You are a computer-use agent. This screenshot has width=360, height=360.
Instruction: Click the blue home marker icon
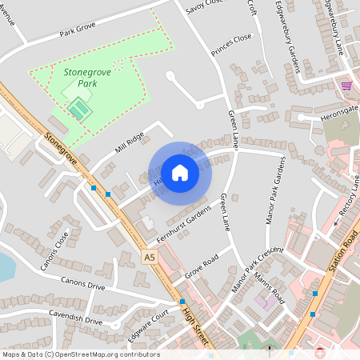[x=180, y=172]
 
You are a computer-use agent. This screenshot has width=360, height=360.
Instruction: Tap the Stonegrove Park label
[x=87, y=78]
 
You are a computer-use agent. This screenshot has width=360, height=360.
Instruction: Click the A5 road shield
[x=150, y=257]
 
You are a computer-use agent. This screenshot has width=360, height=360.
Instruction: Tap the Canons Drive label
[x=83, y=285]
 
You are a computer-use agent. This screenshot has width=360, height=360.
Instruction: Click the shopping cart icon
[x=346, y=86]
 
